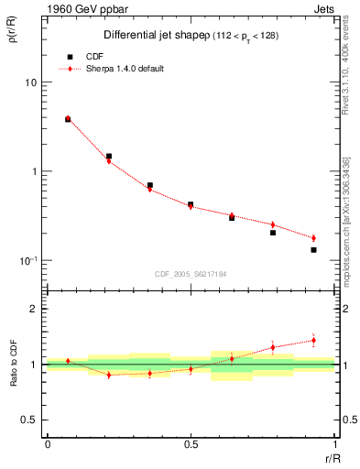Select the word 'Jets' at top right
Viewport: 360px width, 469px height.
pos(323,9)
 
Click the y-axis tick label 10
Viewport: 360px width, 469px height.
pos(30,82)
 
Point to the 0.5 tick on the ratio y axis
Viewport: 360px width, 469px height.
pos(30,420)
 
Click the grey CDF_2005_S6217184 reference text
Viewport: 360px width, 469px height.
pos(191,273)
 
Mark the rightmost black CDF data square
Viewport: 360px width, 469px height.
pos(313,249)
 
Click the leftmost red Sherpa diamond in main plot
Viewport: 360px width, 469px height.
pos(68,118)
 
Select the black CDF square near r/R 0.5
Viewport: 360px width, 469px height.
pos(191,204)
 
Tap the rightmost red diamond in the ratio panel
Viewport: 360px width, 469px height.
pos(313,340)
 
